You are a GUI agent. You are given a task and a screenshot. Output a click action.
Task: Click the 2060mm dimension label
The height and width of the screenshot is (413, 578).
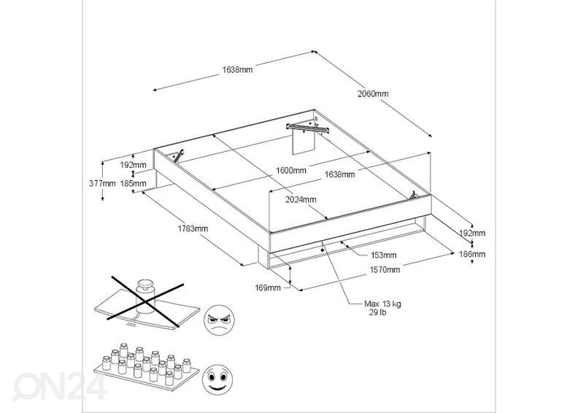(373, 93)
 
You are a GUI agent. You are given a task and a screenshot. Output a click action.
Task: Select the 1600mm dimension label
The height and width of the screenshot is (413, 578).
(290, 170)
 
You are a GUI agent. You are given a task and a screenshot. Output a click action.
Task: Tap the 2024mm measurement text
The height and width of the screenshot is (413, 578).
(301, 199)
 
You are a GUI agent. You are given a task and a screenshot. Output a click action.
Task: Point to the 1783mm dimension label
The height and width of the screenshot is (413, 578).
(193, 228)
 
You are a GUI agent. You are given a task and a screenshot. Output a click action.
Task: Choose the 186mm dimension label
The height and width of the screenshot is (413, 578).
(473, 254)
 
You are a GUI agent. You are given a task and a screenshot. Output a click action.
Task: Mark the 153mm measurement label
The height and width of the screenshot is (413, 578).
(383, 255)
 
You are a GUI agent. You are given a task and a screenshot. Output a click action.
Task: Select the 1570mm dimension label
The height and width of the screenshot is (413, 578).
(385, 269)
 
